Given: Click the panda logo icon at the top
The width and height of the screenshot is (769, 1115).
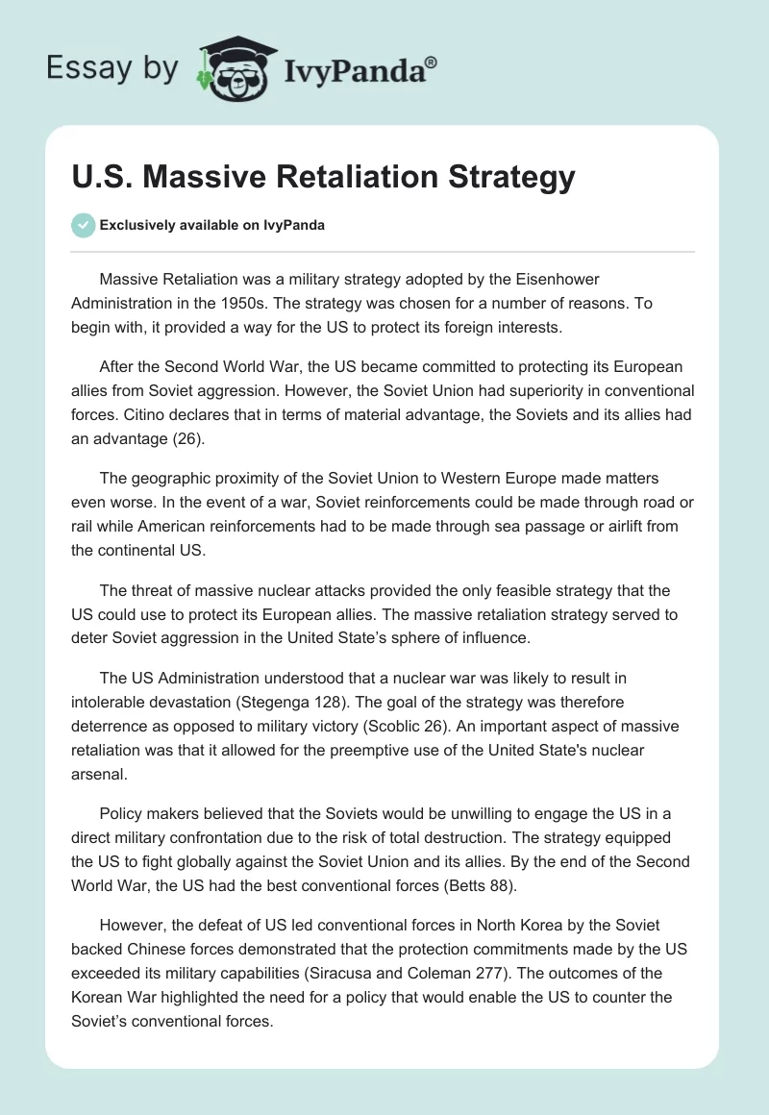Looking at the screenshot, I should point(232,68).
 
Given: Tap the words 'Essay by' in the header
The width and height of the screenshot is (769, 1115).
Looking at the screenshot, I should point(112,68).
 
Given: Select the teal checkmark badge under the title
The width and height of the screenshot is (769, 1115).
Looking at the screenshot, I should point(83,225).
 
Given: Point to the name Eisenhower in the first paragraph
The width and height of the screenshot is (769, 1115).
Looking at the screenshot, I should point(550,280).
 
